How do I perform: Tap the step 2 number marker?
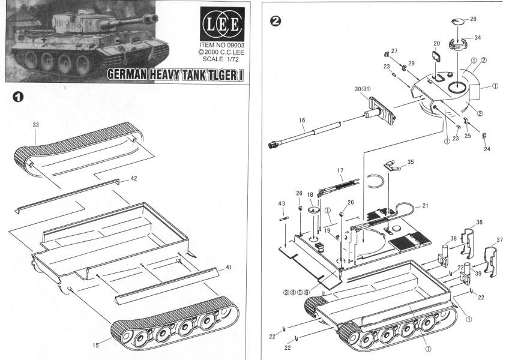pos(275,20)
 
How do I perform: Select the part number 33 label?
pos(36,125)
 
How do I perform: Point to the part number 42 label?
pos(134,179)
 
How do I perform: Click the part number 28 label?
pos(474,19)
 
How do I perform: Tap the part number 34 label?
pos(478,37)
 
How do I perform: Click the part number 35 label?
pos(411,161)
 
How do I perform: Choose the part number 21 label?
pos(426,206)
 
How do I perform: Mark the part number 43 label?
pos(281,203)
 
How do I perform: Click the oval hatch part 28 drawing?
pos(458,22)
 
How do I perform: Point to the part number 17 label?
pos(340,171)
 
